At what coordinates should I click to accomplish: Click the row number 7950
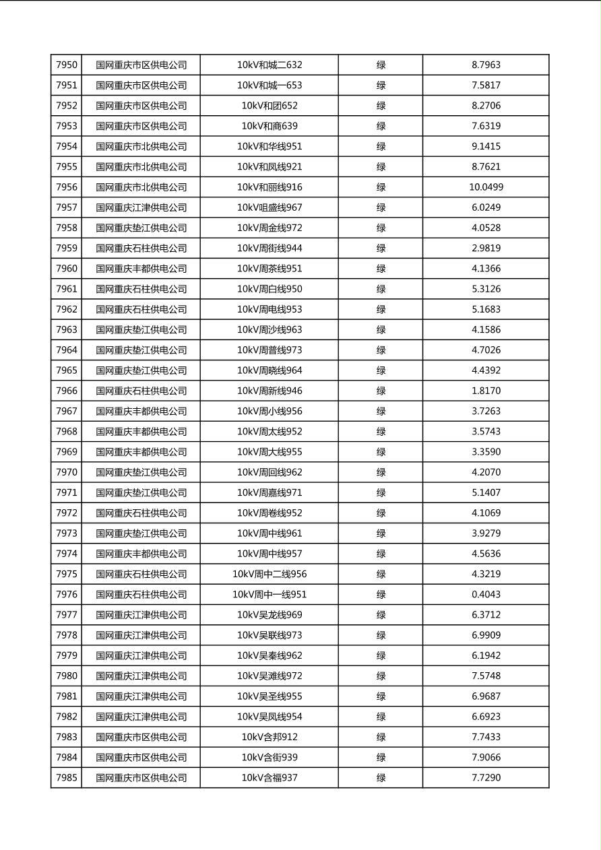(67, 65)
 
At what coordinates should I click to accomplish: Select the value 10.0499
(486, 187)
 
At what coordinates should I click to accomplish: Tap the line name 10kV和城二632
(270, 65)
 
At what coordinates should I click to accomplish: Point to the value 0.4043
(486, 595)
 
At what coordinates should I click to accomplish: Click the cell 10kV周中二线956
(270, 575)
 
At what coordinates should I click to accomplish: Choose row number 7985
(67, 778)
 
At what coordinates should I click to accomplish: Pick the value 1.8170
(486, 391)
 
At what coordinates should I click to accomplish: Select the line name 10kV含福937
(270, 778)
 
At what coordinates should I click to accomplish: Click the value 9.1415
(486, 146)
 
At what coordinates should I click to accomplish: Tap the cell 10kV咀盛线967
(270, 207)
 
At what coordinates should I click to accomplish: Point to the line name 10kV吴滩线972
(270, 676)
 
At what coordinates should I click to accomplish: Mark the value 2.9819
(486, 249)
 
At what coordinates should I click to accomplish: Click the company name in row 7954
(141, 146)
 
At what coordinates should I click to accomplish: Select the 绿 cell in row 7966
(381, 391)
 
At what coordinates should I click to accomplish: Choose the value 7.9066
(486, 758)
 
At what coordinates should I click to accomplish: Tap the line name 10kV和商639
(270, 126)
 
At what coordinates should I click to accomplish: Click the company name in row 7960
(141, 269)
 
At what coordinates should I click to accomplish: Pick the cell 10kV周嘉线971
(270, 493)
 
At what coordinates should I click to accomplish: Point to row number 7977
(67, 615)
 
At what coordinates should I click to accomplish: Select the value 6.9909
(486, 635)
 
